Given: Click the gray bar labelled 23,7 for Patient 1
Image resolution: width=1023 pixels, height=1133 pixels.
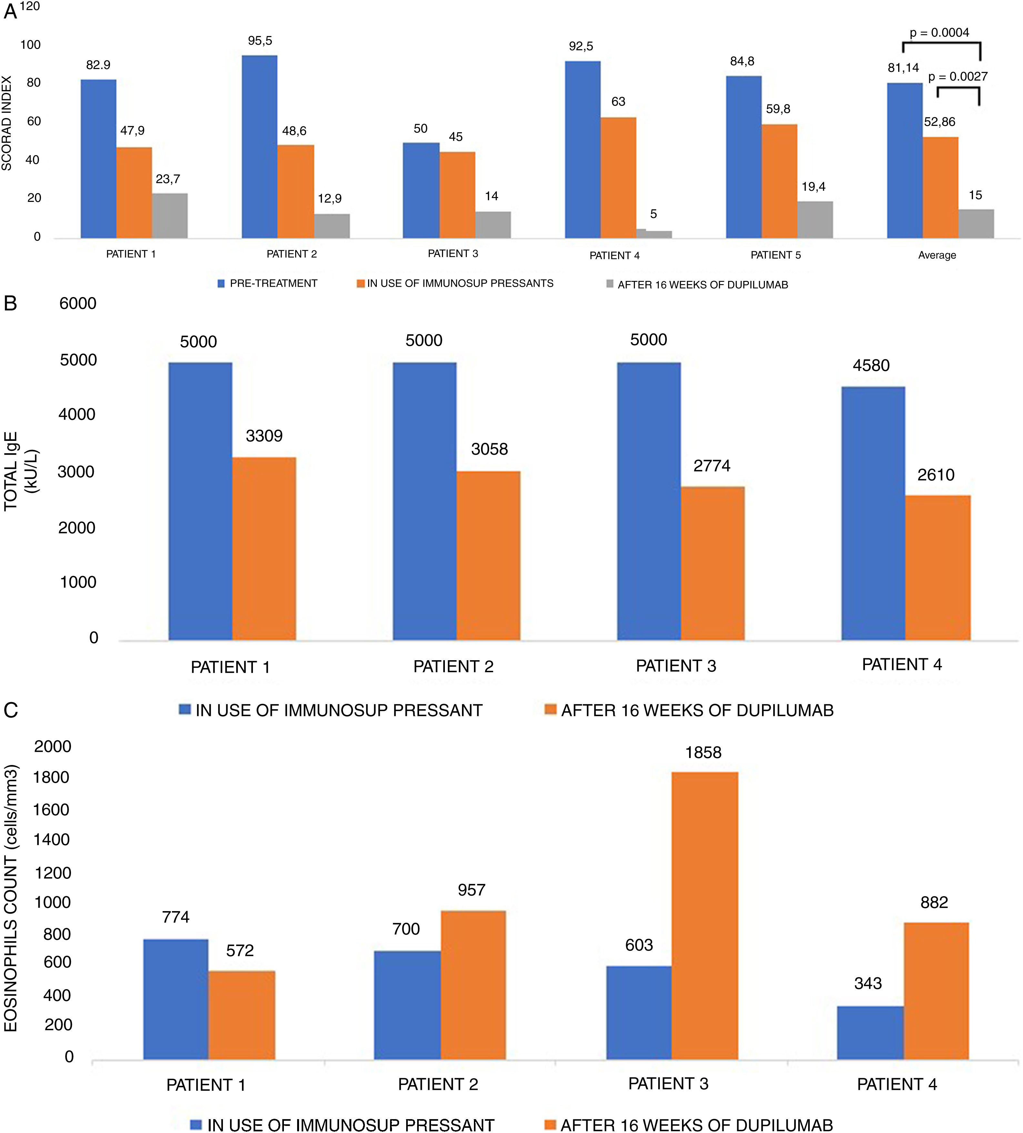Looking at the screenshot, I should (x=170, y=216).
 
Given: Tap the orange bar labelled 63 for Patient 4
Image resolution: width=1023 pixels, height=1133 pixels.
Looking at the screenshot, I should (x=618, y=178).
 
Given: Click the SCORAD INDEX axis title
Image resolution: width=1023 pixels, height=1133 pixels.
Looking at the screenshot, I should (x=7, y=124).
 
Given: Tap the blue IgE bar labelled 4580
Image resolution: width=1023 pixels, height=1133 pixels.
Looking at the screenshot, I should (x=873, y=513).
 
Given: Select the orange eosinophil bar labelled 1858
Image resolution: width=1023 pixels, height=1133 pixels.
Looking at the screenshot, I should (x=705, y=916).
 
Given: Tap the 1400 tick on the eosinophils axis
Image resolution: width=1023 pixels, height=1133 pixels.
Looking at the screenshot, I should (x=52, y=840).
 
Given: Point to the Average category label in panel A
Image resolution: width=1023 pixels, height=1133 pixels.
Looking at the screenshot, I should (x=937, y=255).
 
